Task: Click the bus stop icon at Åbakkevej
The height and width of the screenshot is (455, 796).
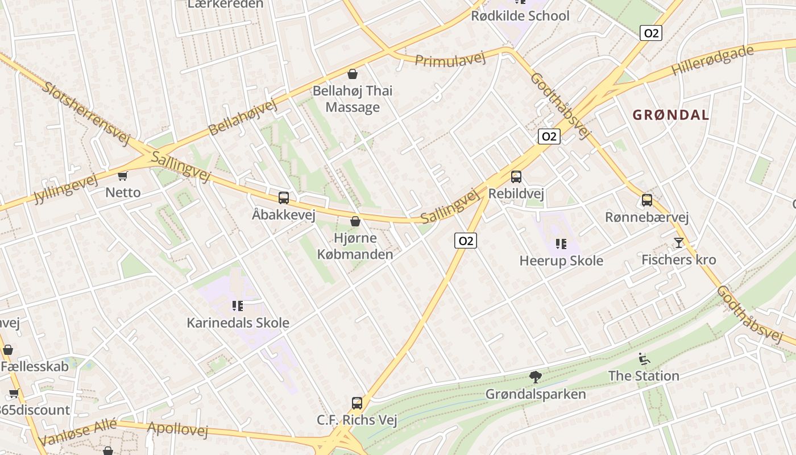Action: point(283,198)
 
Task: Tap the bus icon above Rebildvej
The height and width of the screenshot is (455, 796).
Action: point(516,177)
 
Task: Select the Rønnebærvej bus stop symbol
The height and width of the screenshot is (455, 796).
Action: point(647,200)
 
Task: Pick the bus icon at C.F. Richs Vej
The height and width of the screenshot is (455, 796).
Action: point(356,403)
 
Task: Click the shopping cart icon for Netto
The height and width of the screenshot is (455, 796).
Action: point(123,176)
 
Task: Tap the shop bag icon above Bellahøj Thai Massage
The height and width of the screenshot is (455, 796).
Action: point(353,74)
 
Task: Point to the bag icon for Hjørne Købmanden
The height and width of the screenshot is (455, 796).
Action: point(355,221)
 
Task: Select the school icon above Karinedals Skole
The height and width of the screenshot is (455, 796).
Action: point(238,307)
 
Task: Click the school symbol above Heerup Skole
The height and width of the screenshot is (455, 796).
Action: point(561,244)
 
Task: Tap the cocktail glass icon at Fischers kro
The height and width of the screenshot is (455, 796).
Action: point(678,243)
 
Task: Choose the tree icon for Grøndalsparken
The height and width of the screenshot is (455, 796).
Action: point(535,377)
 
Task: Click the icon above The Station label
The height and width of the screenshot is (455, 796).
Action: point(644,359)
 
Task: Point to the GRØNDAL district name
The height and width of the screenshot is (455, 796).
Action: point(671,115)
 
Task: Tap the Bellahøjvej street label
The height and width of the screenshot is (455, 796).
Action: point(242,117)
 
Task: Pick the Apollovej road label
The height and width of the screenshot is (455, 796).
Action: point(178,429)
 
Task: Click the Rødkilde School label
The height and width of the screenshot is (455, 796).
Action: point(520,16)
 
